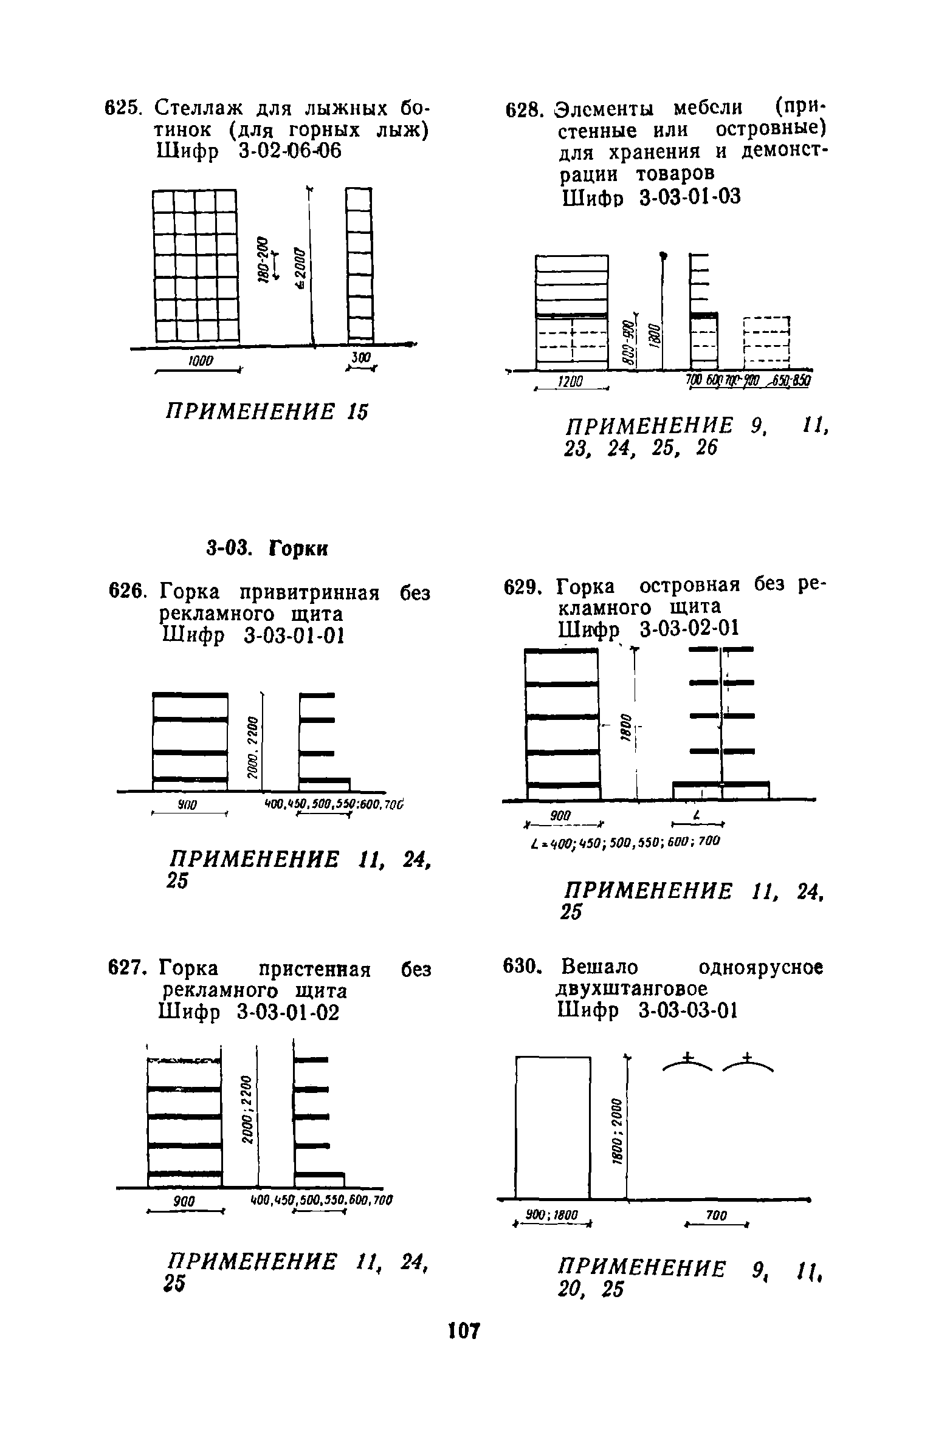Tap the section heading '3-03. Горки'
click(267, 549)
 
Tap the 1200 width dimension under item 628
click(571, 382)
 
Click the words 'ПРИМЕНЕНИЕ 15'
click(267, 412)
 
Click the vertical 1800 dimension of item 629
click(624, 726)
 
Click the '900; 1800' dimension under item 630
click(551, 1214)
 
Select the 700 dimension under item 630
click(717, 1214)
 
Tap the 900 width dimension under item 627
click(184, 1201)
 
